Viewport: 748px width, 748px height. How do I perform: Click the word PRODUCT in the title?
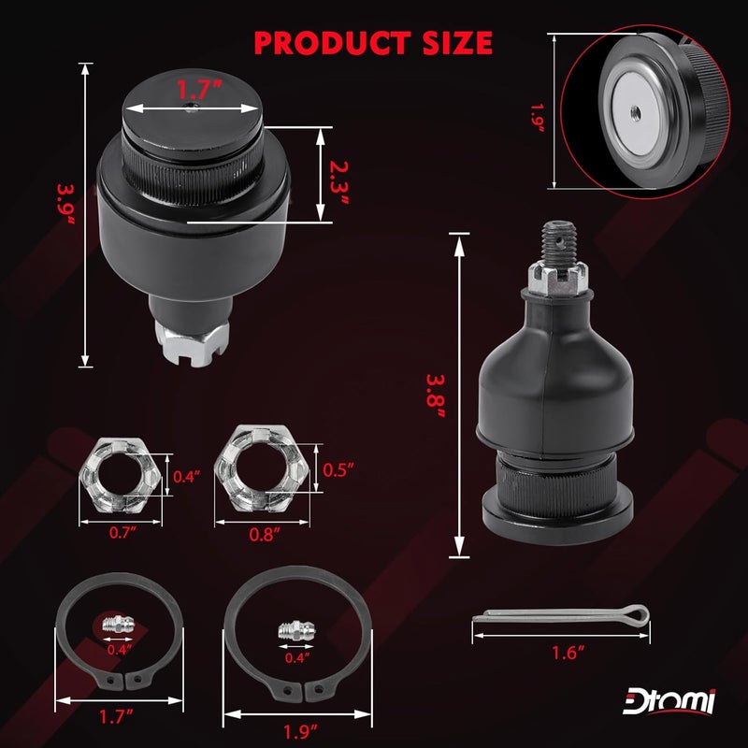click(x=333, y=43)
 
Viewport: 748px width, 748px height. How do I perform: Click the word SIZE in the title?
click(x=458, y=43)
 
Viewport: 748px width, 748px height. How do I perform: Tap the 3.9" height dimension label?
click(x=66, y=204)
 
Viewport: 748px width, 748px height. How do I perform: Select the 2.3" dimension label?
click(x=339, y=182)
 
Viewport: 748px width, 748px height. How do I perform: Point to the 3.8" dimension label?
click(x=436, y=396)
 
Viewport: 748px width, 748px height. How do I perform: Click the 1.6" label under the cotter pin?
click(x=568, y=653)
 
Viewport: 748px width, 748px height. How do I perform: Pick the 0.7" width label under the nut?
click(x=122, y=532)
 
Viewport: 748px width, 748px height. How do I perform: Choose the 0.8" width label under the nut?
click(x=265, y=534)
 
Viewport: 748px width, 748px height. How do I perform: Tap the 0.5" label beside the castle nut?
click(x=338, y=470)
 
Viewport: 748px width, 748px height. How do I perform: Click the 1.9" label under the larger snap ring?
click(x=300, y=731)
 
